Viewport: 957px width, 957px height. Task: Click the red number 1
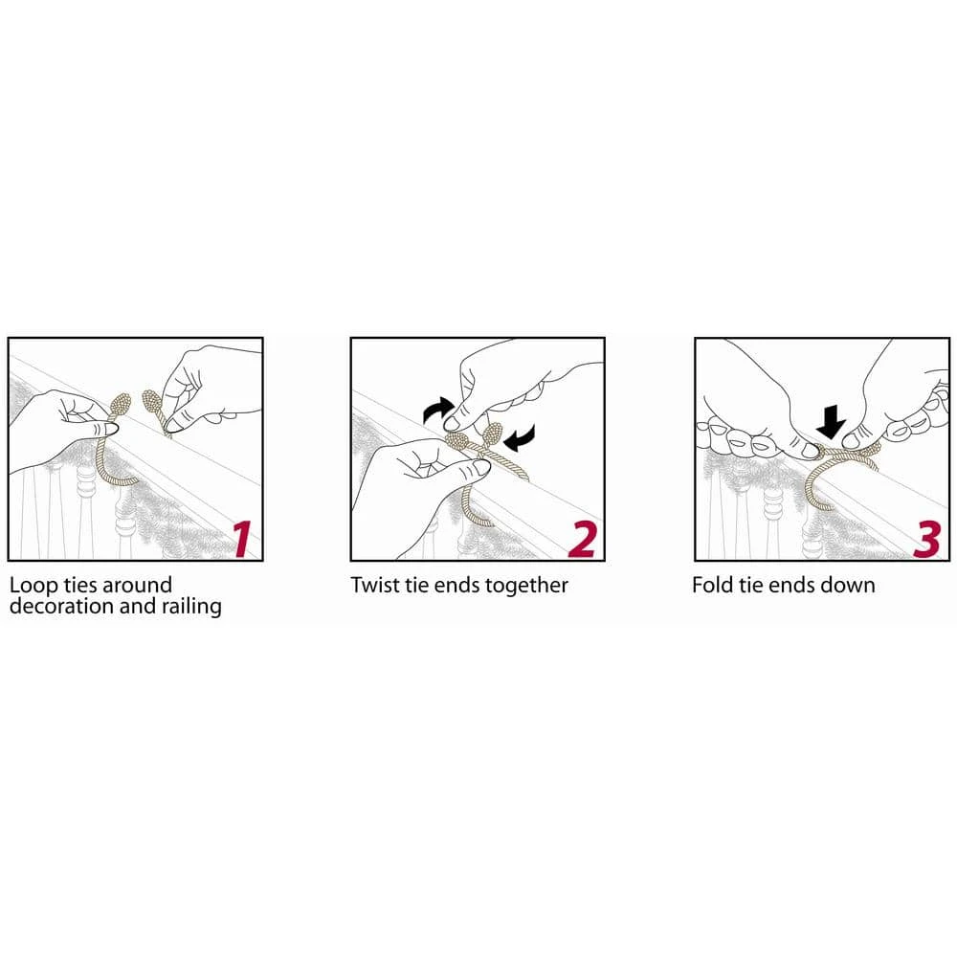243,538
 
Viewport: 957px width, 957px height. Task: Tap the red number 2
582,538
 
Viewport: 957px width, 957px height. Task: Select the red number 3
927,538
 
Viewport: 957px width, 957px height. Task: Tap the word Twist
374,585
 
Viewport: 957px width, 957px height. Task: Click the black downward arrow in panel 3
832,421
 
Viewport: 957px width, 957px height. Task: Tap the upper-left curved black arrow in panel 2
438,411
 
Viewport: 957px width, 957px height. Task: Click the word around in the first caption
137,586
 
